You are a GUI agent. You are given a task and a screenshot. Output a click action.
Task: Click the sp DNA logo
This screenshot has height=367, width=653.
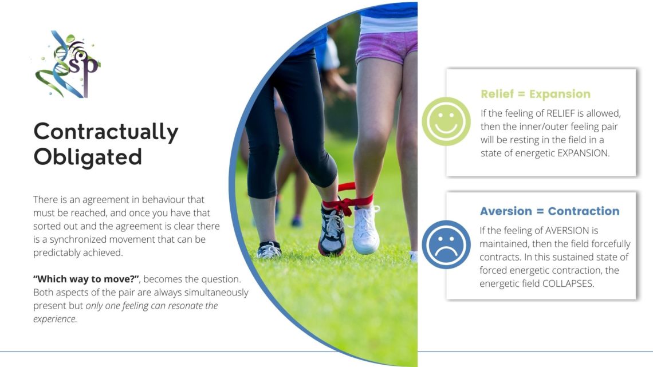pos(68,64)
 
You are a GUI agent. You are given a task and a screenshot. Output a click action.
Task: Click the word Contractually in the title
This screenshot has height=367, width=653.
pos(106,132)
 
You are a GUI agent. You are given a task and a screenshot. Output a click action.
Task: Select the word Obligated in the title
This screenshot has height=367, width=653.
pos(88,157)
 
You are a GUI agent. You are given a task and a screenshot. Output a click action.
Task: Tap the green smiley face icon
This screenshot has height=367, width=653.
pos(446,121)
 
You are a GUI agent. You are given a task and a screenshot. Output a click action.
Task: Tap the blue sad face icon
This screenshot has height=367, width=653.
pos(446,244)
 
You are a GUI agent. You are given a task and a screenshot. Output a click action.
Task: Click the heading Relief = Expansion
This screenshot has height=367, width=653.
pos(536,94)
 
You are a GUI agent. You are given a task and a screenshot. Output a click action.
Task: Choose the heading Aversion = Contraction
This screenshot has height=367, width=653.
pos(549,211)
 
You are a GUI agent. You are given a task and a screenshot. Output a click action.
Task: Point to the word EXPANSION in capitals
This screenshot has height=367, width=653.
pos(583,153)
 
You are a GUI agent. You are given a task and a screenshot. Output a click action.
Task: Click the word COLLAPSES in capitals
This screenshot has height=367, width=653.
pos(568,284)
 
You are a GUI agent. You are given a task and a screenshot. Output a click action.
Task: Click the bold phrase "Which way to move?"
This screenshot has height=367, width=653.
pos(86,279)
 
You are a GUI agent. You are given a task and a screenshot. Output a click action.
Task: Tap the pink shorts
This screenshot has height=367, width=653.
pos(387,46)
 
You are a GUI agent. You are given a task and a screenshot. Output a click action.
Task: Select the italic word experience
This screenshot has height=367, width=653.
pos(55,319)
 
